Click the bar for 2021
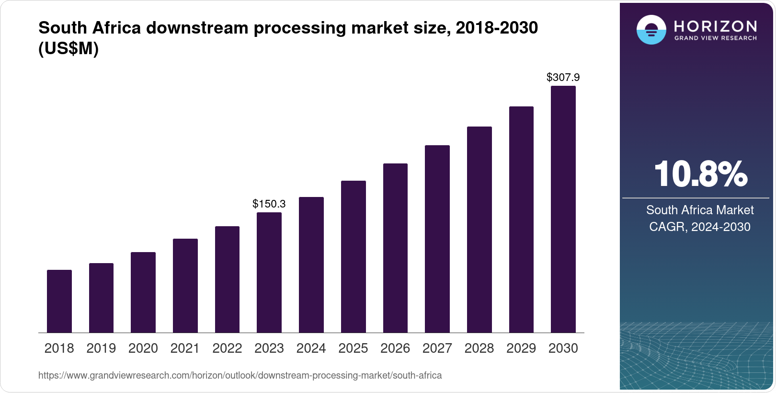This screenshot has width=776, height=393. (185, 286)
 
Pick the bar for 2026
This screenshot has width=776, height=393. (395, 248)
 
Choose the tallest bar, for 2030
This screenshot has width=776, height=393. (563, 209)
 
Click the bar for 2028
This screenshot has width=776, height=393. (479, 230)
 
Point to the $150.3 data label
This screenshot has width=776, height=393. (269, 204)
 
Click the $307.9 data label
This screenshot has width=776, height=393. (563, 77)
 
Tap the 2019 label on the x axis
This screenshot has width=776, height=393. (101, 348)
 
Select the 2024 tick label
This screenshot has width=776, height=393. (311, 348)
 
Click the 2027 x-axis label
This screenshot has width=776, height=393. (437, 348)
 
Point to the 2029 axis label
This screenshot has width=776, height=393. (521, 348)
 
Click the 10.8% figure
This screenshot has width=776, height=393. (700, 174)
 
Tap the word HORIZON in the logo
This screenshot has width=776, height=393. (716, 26)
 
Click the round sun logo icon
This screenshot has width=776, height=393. (651, 30)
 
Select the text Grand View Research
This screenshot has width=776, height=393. (716, 38)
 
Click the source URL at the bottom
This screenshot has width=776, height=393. (240, 375)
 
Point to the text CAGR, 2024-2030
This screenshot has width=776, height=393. (700, 227)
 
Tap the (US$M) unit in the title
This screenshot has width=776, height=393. (68, 48)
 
